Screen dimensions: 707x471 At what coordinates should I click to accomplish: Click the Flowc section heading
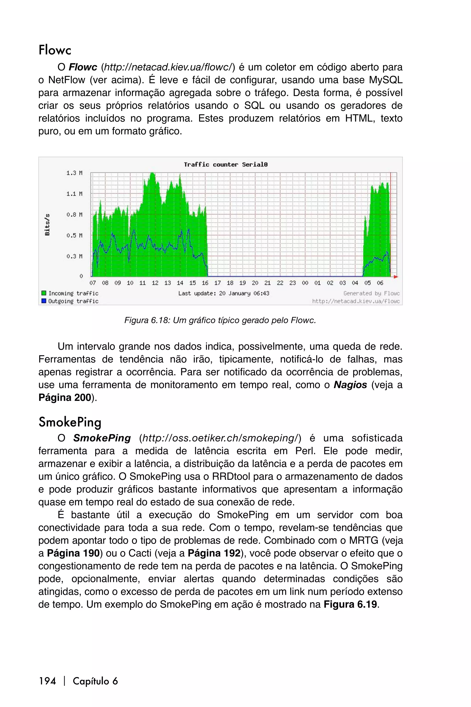pos(55,50)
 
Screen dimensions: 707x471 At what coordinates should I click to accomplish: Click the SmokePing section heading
pos(70,422)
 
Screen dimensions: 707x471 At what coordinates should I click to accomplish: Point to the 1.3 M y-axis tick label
pos(74,173)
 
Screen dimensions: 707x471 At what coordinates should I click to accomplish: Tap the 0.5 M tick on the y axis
pos(74,235)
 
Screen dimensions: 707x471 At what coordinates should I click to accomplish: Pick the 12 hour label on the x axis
pos(155,283)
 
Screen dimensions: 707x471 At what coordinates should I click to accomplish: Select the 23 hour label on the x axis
pos(292,283)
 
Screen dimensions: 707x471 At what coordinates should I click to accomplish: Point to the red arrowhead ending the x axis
pos(396,277)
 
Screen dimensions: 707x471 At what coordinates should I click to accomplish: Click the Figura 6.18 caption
pos(220,320)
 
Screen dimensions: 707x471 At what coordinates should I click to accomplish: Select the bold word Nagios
pos(350,385)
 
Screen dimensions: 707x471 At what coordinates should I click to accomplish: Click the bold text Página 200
pos(65,398)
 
